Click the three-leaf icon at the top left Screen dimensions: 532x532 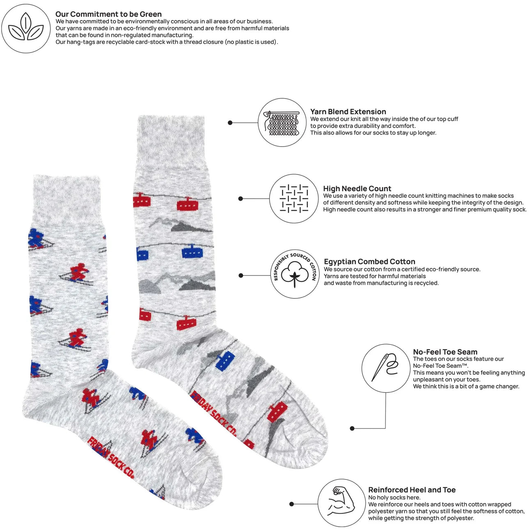point(26,28)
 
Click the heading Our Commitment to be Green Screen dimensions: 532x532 point(108,14)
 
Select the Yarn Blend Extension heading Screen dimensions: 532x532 point(348,112)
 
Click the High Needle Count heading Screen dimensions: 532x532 point(357,188)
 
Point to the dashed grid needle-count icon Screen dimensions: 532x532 point(294,199)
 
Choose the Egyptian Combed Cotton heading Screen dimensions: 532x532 point(369,261)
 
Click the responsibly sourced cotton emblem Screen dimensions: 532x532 point(295,274)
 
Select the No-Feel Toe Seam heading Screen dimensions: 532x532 point(445,352)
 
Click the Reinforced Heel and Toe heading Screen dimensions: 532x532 point(412,490)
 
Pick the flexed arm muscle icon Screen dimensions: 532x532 point(342,502)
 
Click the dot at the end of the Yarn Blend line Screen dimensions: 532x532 point(230,123)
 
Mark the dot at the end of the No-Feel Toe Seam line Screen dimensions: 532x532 point(352,428)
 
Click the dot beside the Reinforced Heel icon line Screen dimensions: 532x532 point(292,504)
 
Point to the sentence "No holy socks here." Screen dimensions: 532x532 point(394,498)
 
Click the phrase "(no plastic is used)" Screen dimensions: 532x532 point(251,42)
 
